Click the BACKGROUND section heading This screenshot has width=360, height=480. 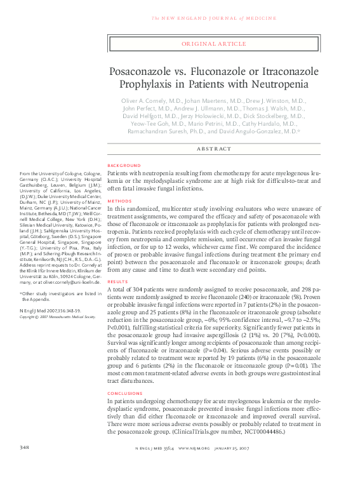click(124, 165)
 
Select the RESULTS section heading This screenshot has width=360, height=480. click(118, 281)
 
